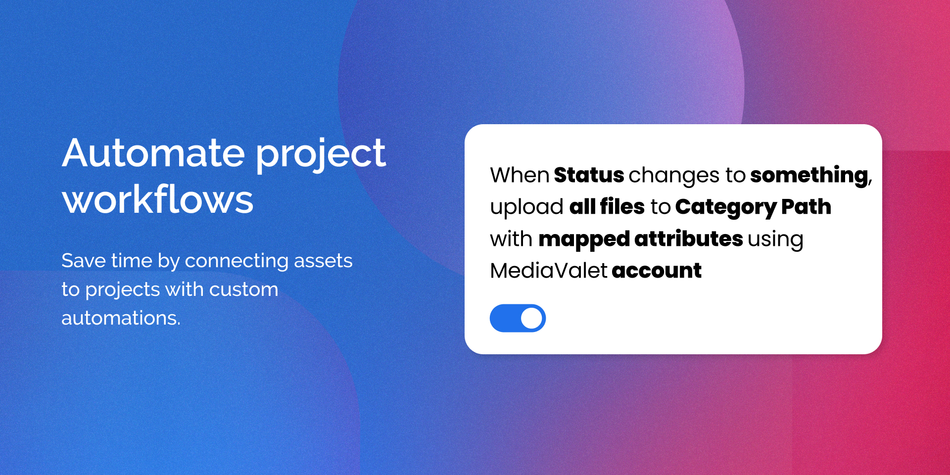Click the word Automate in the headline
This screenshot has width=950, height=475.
click(153, 153)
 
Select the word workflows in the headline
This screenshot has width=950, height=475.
click(158, 199)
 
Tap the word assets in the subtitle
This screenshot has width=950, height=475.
click(323, 261)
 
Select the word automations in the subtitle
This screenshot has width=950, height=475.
click(121, 318)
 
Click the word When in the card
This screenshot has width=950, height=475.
click(520, 175)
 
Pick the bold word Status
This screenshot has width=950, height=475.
click(589, 175)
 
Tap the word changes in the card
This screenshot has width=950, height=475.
click(674, 177)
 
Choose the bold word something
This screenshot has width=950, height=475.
click(809, 177)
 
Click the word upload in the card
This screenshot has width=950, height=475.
click(526, 208)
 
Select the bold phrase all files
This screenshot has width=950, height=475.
click(607, 207)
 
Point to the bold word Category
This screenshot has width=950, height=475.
click(725, 208)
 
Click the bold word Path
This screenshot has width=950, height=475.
click(806, 207)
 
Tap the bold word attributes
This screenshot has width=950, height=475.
click(688, 239)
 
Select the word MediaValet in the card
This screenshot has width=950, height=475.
click(549, 271)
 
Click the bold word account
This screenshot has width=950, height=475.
click(657, 271)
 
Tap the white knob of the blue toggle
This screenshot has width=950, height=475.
click(531, 318)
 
